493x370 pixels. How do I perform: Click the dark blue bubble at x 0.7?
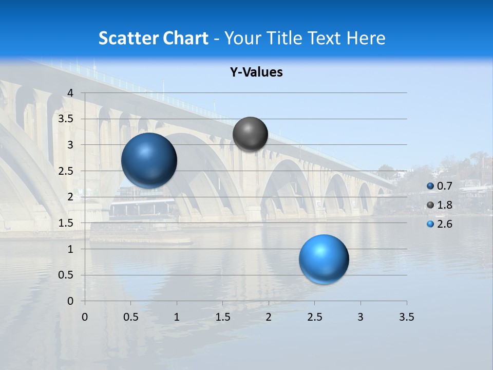click(149, 160)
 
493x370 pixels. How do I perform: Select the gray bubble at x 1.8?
click(250, 134)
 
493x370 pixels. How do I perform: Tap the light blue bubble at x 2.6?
click(324, 259)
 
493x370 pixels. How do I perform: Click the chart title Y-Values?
click(256, 72)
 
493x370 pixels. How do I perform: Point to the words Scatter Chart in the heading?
click(153, 38)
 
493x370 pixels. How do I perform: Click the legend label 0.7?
click(445, 186)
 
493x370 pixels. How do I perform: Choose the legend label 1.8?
click(445, 205)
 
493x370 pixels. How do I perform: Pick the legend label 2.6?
click(445, 224)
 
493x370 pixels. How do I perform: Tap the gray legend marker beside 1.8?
click(430, 206)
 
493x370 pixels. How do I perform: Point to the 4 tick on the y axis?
click(70, 93)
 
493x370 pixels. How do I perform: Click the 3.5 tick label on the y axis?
click(66, 119)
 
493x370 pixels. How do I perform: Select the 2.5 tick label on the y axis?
click(66, 171)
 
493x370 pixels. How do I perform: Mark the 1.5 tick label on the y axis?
click(66, 223)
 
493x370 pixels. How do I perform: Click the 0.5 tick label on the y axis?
click(66, 275)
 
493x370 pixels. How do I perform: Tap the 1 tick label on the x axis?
click(177, 317)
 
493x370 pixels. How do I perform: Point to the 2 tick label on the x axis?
click(269, 317)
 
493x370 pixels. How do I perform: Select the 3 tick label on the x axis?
click(361, 317)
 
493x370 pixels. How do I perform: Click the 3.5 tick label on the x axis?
click(406, 317)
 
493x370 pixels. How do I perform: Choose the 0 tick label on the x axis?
click(85, 317)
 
